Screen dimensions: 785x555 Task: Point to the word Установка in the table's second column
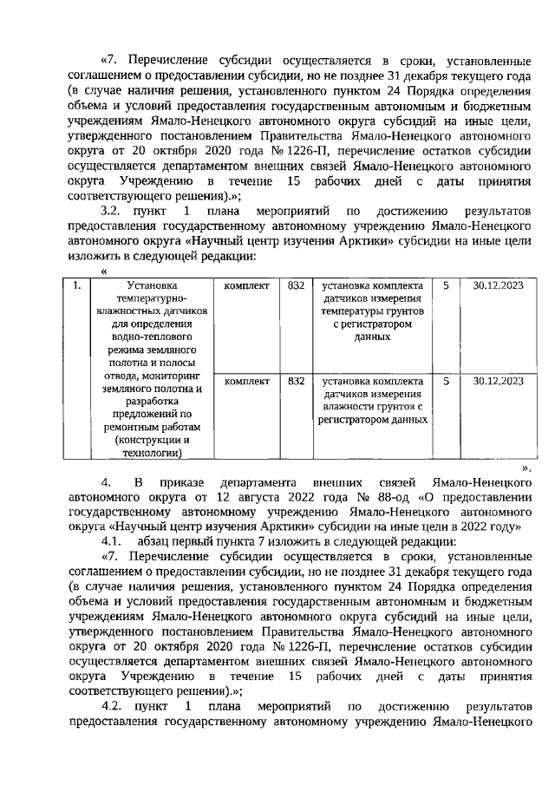(150, 285)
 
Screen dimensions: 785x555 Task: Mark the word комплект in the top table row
(246, 285)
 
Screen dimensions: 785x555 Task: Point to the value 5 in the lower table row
(445, 380)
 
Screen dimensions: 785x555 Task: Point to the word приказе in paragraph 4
(185, 481)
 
